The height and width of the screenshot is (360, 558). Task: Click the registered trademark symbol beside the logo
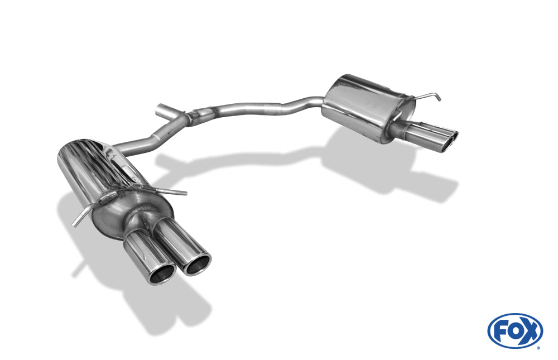[538, 348]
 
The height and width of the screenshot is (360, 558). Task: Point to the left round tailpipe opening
[162, 274]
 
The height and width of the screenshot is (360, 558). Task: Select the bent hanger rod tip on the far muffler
[437, 98]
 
